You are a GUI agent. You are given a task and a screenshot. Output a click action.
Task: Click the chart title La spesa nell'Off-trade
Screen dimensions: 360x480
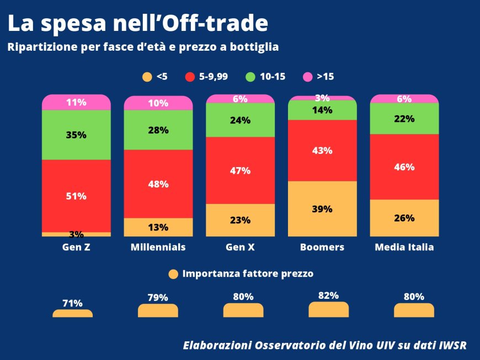coord(138,23)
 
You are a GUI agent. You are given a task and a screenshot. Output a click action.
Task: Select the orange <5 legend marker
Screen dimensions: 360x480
coord(147,77)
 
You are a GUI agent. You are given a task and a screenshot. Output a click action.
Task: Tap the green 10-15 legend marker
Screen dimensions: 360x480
coord(250,77)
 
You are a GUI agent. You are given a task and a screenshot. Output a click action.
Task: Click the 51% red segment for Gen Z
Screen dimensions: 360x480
coord(77,196)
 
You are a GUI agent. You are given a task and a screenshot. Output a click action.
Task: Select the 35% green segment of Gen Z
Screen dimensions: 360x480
coord(77,135)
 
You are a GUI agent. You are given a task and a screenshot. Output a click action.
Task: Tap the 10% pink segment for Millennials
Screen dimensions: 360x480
coord(158,103)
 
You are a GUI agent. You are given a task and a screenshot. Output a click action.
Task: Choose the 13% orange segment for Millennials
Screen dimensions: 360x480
coord(158,227)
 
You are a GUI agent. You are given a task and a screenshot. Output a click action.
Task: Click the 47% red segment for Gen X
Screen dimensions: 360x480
coord(240,170)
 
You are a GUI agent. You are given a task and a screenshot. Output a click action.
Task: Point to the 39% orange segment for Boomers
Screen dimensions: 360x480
coord(323,209)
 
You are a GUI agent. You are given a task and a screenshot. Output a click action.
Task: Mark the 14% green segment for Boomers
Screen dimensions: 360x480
coord(323,110)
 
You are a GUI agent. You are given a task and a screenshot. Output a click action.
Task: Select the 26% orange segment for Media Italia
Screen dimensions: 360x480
coord(404,218)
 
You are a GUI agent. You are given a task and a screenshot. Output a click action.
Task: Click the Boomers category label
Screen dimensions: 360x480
coord(322,248)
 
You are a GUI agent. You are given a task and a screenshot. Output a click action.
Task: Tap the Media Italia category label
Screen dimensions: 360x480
coord(404,248)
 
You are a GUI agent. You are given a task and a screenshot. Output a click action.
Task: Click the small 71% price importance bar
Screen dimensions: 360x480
coord(72,314)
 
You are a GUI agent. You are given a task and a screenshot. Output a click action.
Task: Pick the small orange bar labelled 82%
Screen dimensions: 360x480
coord(329,310)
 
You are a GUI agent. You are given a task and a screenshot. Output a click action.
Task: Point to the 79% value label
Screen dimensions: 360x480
coord(158,298)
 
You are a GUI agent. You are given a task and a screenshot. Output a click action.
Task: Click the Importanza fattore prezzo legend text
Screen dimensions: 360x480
coord(248,273)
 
